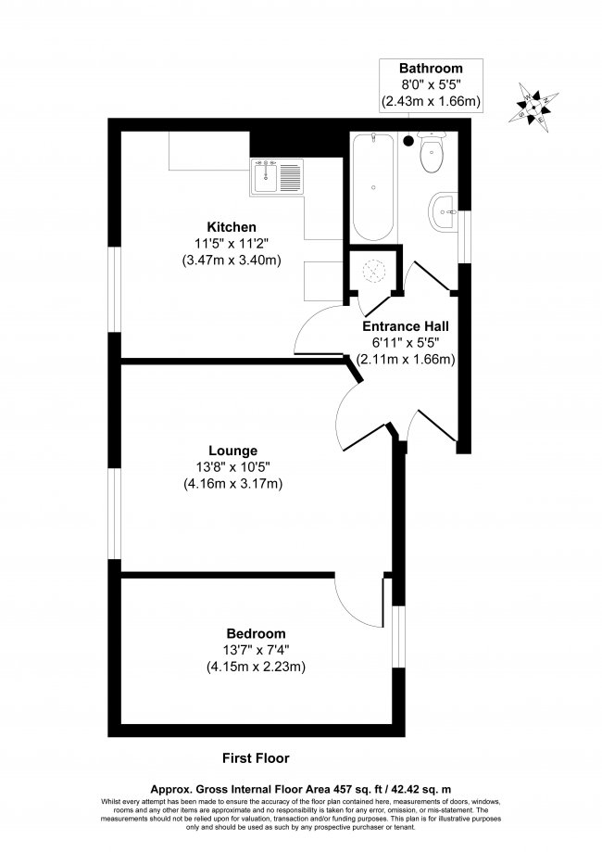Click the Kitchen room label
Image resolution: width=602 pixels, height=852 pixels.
click(232, 227)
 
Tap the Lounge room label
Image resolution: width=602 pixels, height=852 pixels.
click(232, 451)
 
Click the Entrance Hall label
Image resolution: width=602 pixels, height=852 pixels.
click(405, 326)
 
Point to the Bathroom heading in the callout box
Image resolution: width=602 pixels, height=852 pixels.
click(430, 69)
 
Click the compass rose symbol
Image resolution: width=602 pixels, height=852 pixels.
click(536, 108)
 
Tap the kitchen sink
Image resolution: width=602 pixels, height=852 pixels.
click(276, 176)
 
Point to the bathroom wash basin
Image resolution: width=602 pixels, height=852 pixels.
click(445, 210)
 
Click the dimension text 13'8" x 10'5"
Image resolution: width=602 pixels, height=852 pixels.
click(232, 467)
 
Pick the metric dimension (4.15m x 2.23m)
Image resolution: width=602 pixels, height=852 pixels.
click(255, 666)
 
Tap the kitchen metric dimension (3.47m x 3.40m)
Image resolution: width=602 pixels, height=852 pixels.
click(232, 261)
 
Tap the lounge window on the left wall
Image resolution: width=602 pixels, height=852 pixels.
click(115, 515)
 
